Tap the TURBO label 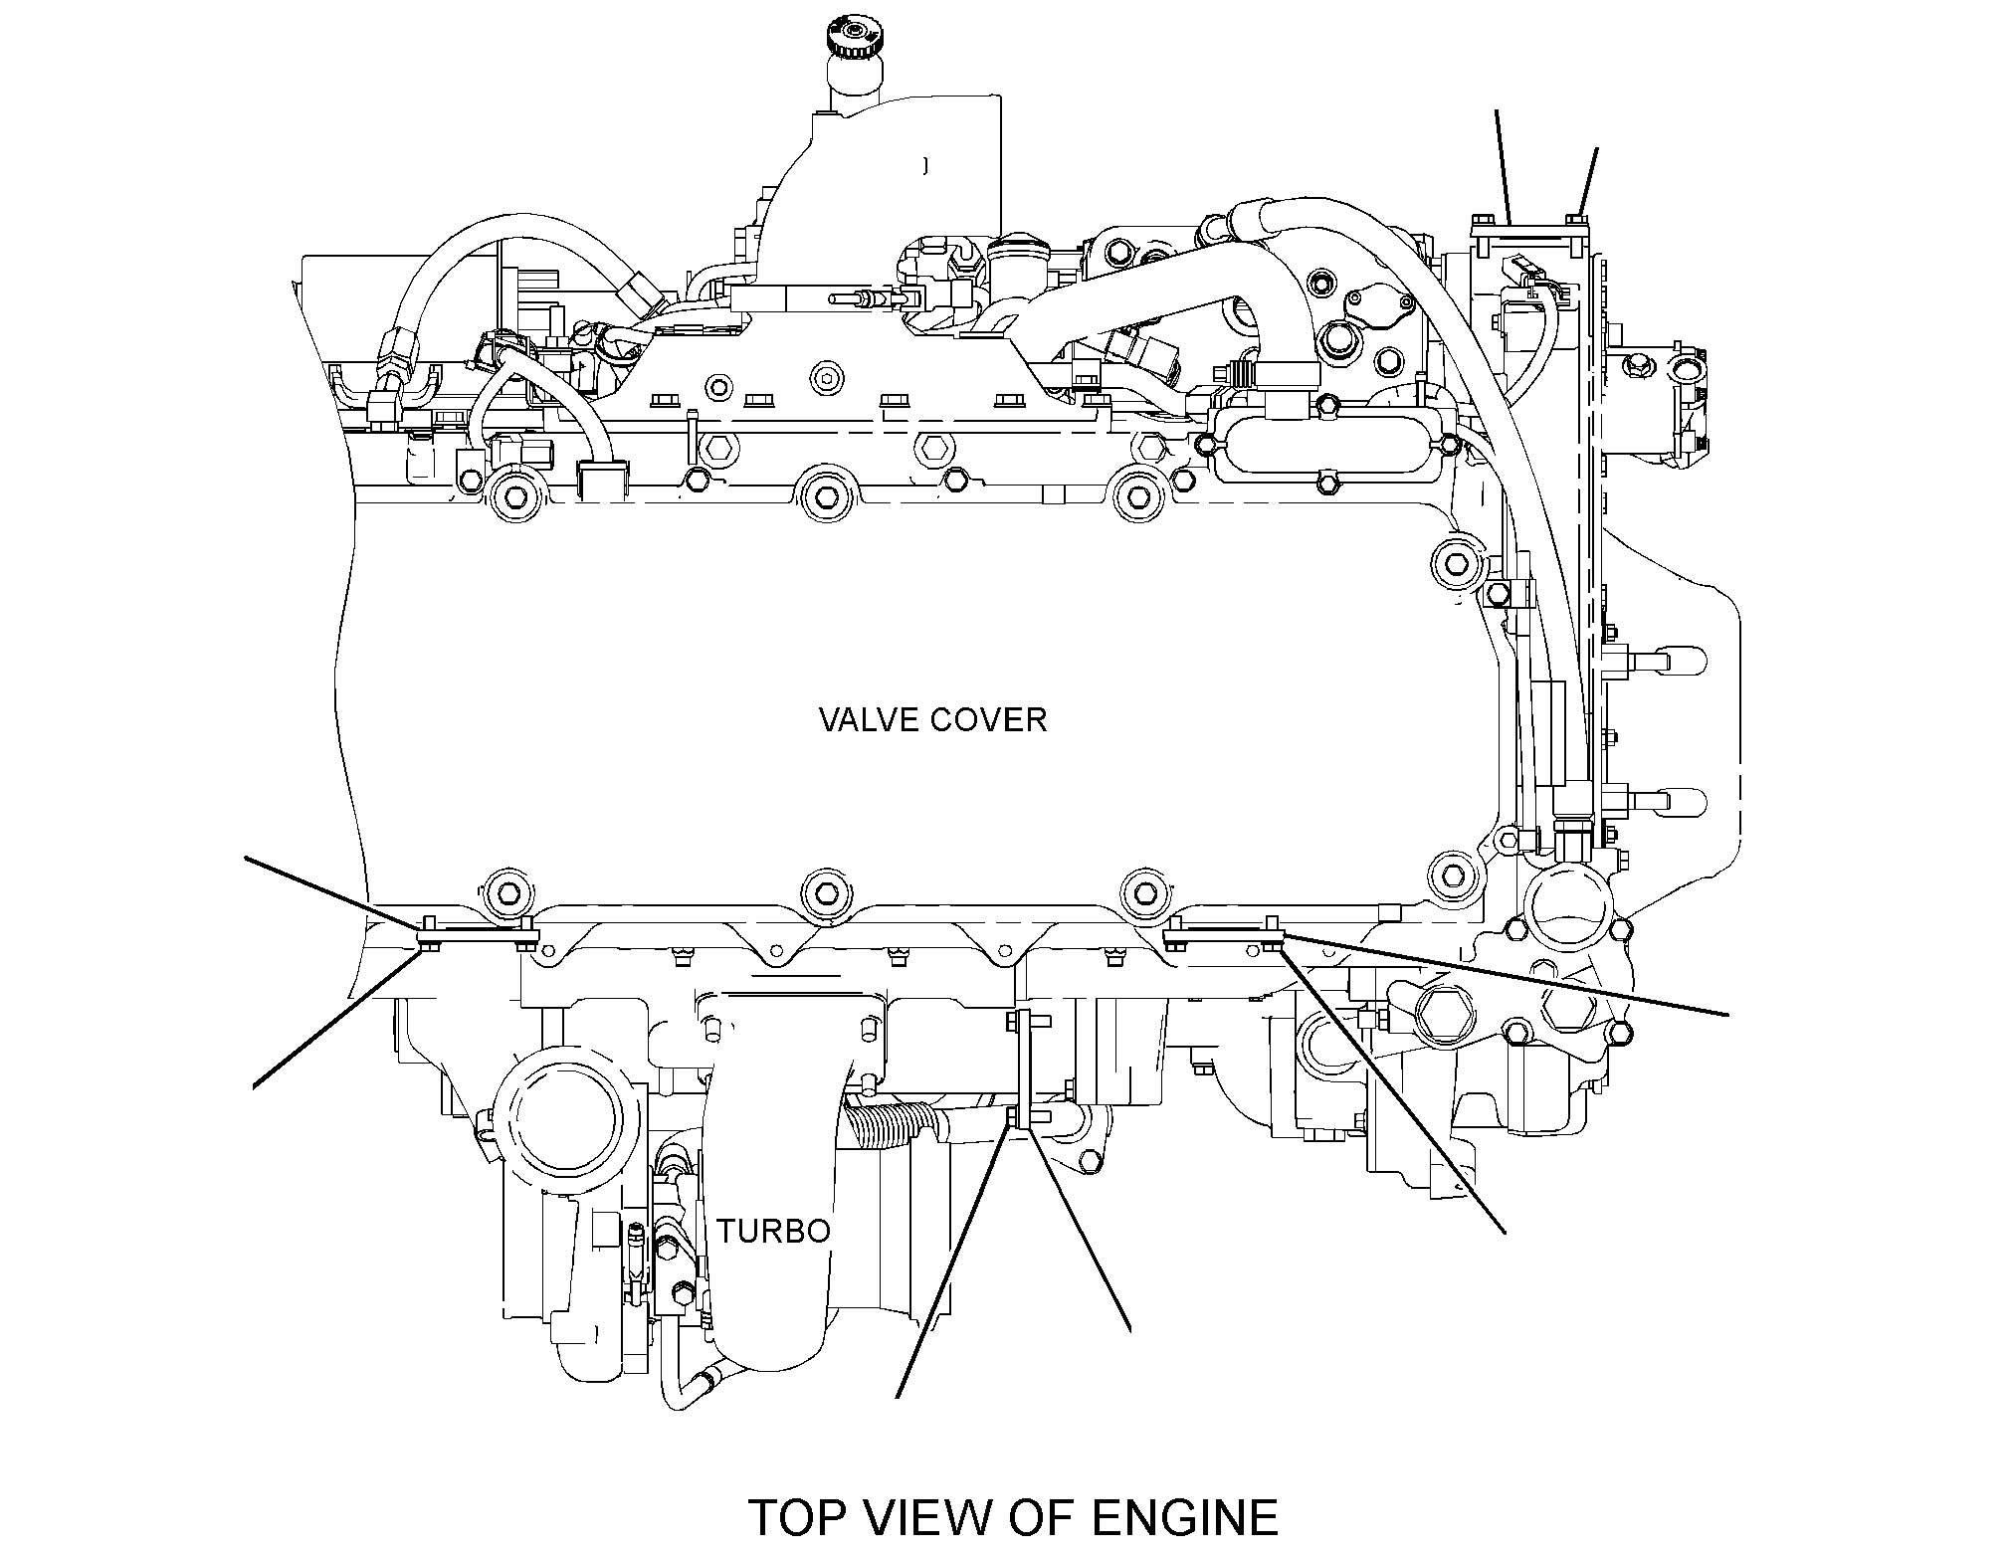[774, 1231]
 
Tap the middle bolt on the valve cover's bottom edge [826, 889]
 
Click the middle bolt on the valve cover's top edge [826, 491]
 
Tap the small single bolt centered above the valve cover [825, 377]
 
